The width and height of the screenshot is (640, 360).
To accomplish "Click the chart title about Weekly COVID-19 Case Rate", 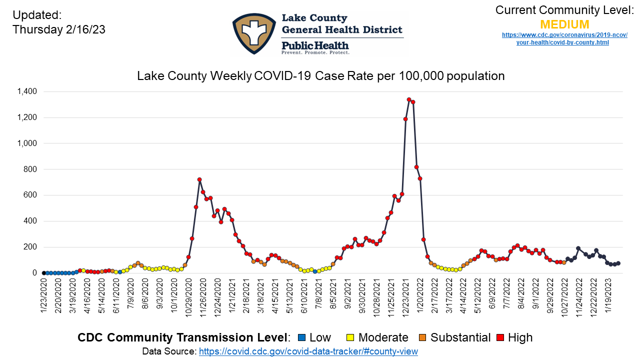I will pos(320,76).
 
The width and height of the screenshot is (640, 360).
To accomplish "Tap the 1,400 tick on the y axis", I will pos(26,91).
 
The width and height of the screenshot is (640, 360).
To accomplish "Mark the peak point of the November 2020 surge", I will pos(199,179).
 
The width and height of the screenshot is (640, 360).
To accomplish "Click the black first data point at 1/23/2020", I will pos(43,273).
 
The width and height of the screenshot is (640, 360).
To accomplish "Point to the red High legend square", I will pos(499,338).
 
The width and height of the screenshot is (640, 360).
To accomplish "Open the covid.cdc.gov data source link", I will pos(308,351).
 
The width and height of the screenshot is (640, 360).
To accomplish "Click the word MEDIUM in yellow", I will pos(564,24).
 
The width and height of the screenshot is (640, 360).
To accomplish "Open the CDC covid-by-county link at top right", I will pos(564,38).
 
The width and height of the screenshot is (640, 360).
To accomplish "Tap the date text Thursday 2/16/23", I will pos(59,29).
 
